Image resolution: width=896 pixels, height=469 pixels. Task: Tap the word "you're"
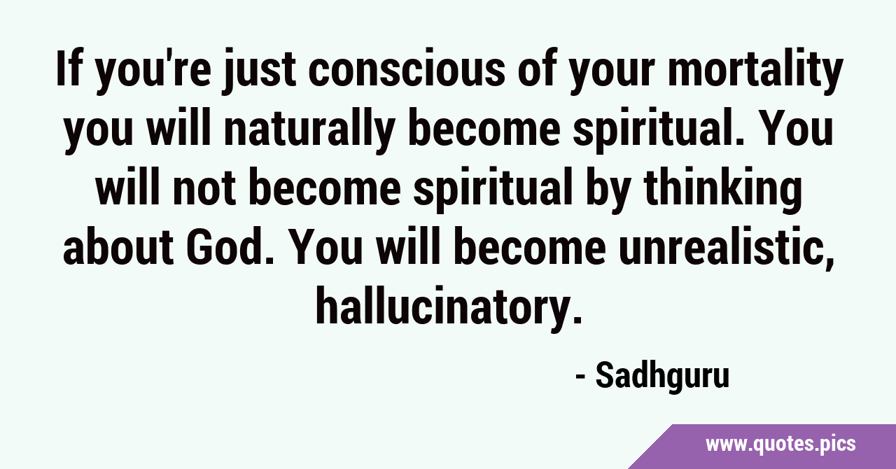tap(152, 72)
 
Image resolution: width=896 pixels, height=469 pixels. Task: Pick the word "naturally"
tap(307, 131)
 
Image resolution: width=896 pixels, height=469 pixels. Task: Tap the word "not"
tap(204, 189)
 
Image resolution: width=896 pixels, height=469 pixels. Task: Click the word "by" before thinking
tap(605, 191)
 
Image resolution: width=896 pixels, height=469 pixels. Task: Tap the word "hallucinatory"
tap(444, 305)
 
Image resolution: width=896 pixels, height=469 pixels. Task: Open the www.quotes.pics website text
tap(780, 444)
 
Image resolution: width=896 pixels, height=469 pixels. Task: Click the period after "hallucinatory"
tap(577, 319)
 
